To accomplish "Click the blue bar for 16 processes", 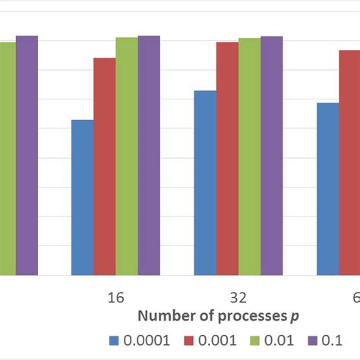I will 82,197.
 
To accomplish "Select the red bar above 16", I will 105,166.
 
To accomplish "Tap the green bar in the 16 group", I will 127,156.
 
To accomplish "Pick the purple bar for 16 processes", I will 149,155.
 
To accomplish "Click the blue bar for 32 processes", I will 205,182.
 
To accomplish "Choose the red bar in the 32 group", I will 227,158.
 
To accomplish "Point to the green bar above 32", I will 249,156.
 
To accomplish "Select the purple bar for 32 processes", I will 271,156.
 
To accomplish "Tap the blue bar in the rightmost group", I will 327,188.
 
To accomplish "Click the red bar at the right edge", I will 349,163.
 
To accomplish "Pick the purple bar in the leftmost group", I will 27,155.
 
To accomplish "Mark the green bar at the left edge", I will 7,158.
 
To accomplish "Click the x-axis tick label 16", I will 115,295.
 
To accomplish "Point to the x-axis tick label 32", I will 238,295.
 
